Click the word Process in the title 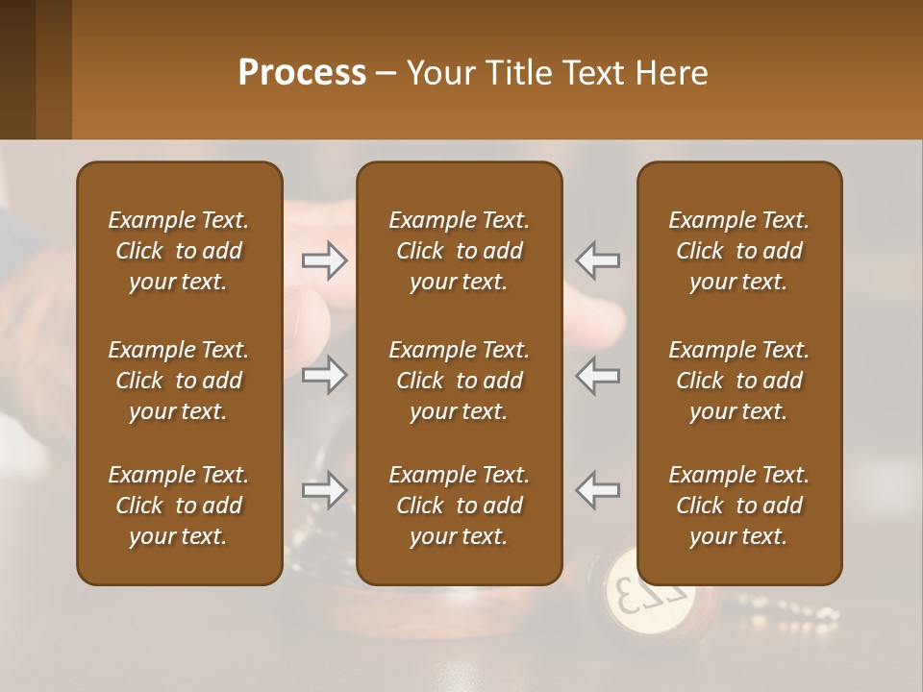click(x=302, y=72)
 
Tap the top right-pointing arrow click(x=325, y=259)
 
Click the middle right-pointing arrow click(x=325, y=375)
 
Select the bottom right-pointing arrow click(x=325, y=490)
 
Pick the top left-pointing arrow click(x=598, y=259)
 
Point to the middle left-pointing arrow click(x=598, y=375)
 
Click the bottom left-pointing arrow click(x=598, y=490)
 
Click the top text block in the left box click(x=179, y=251)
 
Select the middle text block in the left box click(x=179, y=381)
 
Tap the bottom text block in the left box click(x=179, y=506)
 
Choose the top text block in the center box click(x=460, y=251)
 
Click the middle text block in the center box click(x=460, y=381)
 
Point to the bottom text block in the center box click(x=460, y=506)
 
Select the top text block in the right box click(x=739, y=251)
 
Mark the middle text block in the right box click(x=739, y=381)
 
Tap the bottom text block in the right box click(x=739, y=506)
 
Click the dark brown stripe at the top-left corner click(x=17, y=69)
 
